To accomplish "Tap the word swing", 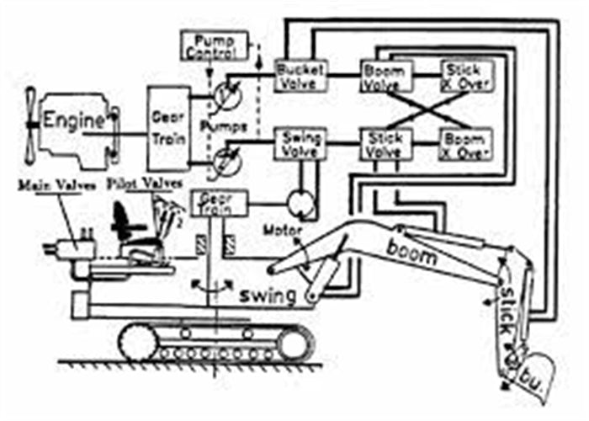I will pyautogui.click(x=268, y=296).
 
